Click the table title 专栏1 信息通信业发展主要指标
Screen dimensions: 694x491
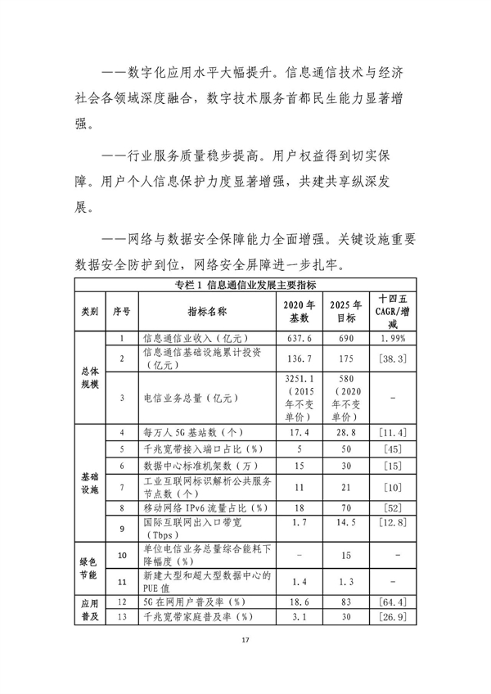(246, 285)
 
